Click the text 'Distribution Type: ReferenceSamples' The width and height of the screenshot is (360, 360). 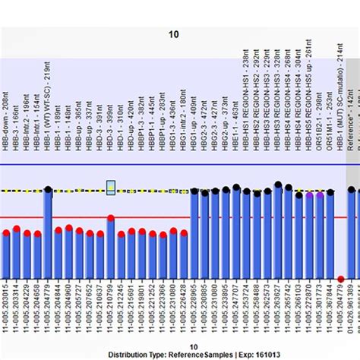coord(149,354)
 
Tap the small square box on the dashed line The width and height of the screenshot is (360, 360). coord(111,187)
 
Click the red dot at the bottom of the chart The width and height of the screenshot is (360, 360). coord(341,279)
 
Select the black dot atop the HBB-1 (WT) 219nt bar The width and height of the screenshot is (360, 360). coord(48,190)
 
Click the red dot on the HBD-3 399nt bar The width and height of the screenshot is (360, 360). coord(111,219)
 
